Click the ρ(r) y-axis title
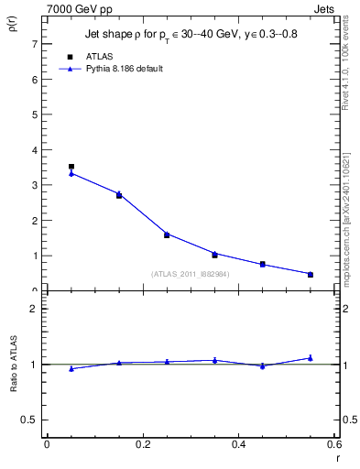click(x=14, y=26)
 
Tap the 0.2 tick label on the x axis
click(x=142, y=444)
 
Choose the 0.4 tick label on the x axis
click(x=238, y=444)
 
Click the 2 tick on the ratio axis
click(x=34, y=309)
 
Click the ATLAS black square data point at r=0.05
click(x=71, y=167)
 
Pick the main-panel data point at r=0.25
click(x=167, y=234)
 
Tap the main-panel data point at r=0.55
click(x=311, y=274)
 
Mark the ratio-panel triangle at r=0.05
click(x=71, y=368)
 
